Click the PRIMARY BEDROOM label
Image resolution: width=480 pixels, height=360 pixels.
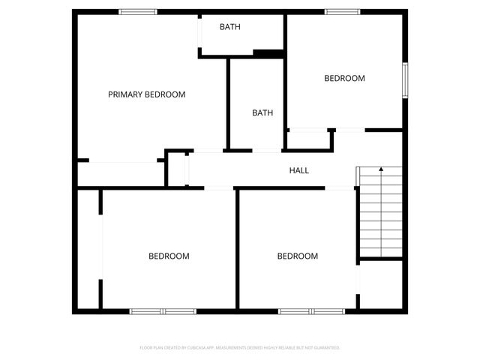pos(146,94)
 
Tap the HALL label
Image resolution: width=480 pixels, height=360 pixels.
pos(299,170)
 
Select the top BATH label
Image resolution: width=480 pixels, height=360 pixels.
pos(229,27)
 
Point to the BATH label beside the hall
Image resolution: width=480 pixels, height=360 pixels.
pos(262,113)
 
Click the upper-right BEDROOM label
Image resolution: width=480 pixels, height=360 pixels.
pos(344,78)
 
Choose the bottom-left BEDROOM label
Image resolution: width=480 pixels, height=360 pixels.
pos(169,256)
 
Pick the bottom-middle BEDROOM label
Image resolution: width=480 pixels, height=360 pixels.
pos(298,256)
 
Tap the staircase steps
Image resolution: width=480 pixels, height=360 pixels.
pos(380,217)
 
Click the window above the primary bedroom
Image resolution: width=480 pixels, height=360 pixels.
pos(138,11)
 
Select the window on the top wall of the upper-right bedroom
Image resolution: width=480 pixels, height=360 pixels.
pos(342,11)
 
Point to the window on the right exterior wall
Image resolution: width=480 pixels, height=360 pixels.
pos(404,79)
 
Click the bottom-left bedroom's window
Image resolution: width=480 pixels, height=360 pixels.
pos(163,310)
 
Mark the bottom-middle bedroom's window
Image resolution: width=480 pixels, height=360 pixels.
pos(312,310)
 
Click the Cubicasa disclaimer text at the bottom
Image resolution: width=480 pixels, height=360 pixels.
pos(240,348)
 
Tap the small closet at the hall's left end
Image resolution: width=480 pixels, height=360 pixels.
pos(177,168)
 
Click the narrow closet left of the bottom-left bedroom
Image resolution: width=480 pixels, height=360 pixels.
pos(88,247)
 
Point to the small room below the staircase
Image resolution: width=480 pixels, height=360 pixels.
pos(380,283)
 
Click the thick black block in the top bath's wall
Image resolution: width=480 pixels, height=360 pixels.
pos(268,52)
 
